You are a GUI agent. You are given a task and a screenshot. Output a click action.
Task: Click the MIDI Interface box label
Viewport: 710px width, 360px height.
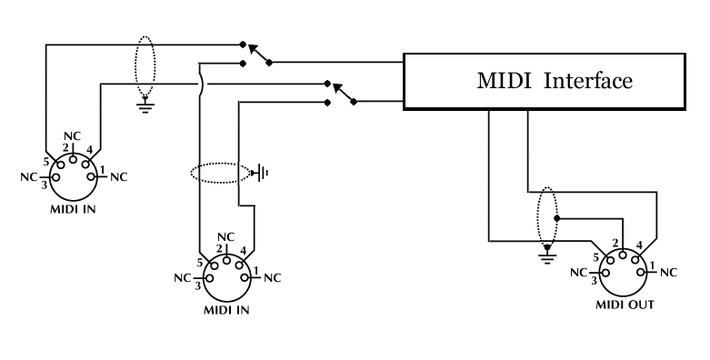554,81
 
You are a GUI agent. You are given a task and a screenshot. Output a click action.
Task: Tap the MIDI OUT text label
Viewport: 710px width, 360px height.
624,305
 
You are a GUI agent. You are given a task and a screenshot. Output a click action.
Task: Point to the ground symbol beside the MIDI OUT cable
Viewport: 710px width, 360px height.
546,256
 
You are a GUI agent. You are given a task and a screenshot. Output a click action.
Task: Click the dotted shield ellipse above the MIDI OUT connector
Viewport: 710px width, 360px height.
546,216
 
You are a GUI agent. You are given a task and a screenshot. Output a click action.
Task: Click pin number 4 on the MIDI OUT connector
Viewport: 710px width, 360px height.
641,245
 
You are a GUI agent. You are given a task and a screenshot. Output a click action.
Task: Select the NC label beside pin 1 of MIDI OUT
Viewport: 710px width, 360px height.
668,272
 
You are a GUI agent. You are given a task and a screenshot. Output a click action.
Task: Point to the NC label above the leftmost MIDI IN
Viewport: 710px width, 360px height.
72,136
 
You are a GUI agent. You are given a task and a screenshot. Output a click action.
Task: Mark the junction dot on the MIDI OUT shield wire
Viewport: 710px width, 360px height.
557,219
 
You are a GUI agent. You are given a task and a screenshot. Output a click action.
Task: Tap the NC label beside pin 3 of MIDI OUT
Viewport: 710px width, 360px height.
579,272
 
